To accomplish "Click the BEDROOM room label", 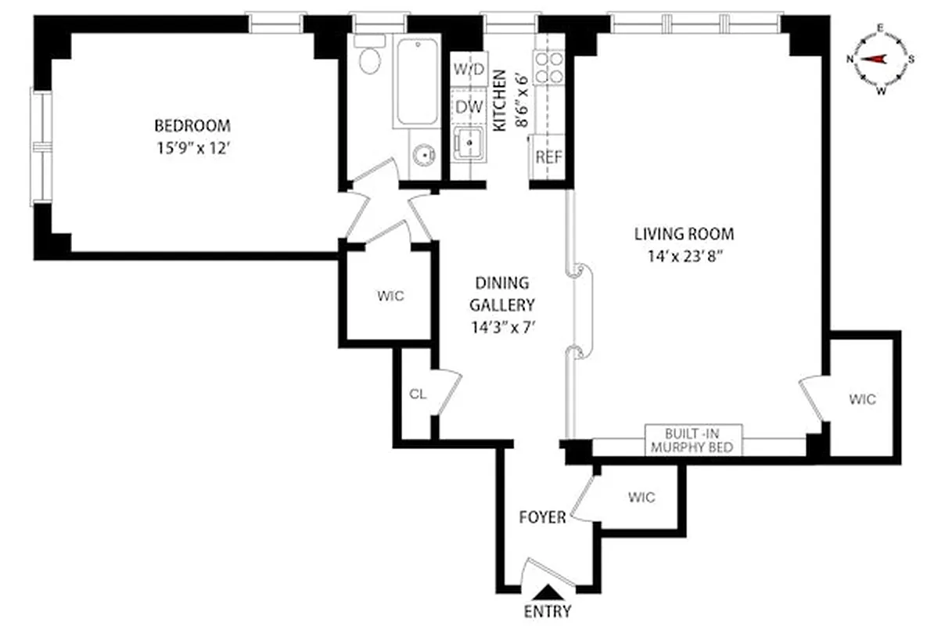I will tap(192, 125).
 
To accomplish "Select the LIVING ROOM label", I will tap(684, 233).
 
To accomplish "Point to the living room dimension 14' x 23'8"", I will tap(684, 256).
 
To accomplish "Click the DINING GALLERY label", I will tap(500, 293).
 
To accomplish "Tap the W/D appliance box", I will tap(468, 69).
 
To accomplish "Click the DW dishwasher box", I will tap(468, 106).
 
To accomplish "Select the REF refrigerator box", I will tap(548, 156).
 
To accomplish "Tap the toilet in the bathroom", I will tap(368, 56).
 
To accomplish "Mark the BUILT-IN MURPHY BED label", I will tap(693, 441).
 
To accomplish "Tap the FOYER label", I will tap(542, 518).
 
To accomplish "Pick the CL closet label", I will tap(418, 394).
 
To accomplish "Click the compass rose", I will tap(879, 59).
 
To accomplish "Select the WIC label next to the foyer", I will tap(640, 498).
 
